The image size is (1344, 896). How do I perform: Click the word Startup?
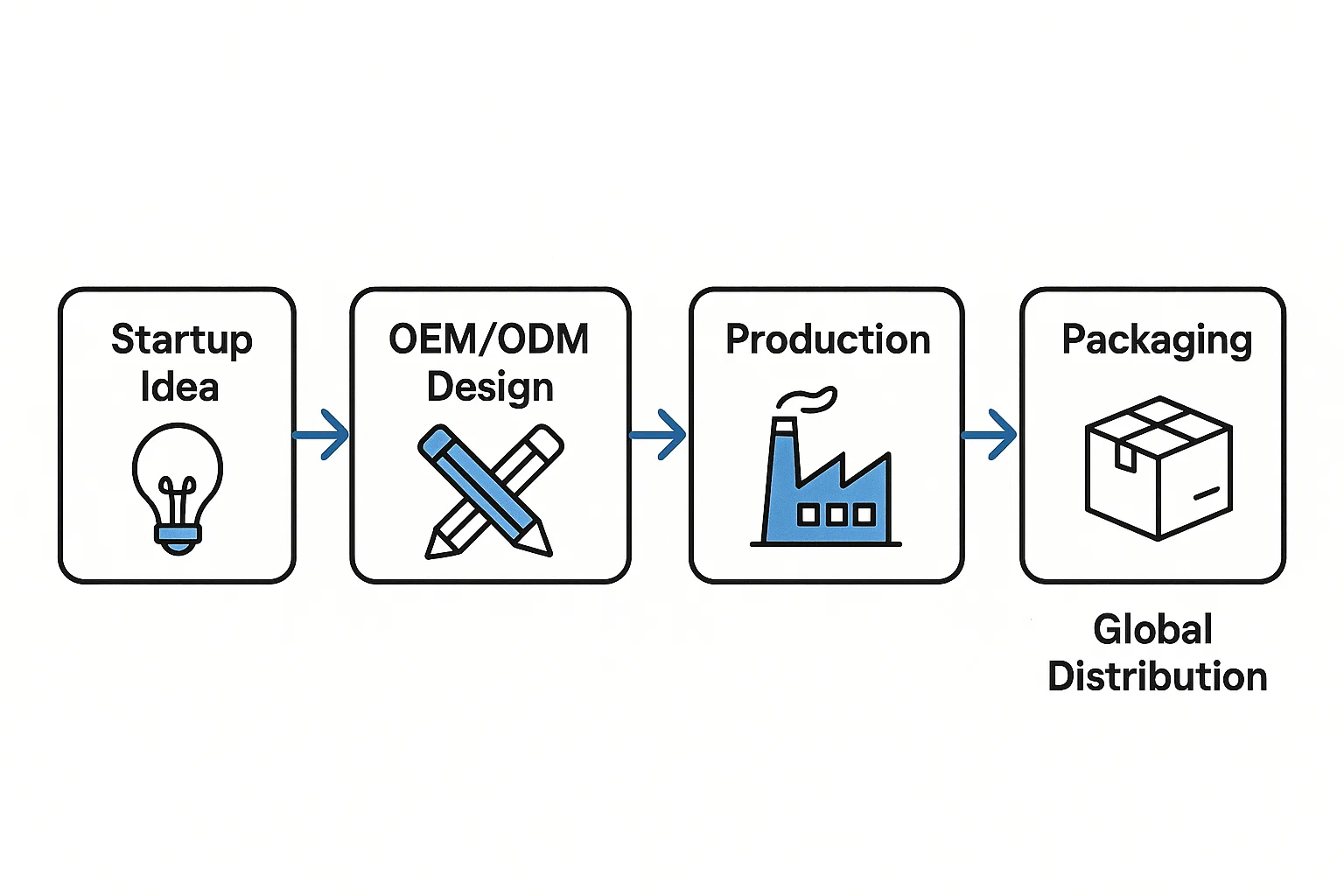tap(181, 340)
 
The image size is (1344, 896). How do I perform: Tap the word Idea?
tap(179, 388)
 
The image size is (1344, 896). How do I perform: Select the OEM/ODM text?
tap(489, 339)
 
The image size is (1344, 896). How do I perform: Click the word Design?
tap(490, 388)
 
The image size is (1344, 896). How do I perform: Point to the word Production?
tap(828, 339)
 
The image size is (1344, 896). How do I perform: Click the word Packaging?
tap(1157, 340)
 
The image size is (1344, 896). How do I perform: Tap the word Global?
tap(1152, 629)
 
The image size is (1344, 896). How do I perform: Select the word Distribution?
tap(1157, 676)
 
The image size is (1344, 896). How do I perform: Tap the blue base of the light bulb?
tap(178, 534)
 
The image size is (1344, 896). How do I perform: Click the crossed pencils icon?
tap(490, 490)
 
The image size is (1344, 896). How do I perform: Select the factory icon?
tap(827, 490)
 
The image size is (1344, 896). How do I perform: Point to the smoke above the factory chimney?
tap(808, 399)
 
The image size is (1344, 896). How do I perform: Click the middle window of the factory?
tap(836, 514)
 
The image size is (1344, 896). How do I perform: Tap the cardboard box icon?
tap(1158, 468)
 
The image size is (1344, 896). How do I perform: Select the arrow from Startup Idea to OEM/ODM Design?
tap(322, 434)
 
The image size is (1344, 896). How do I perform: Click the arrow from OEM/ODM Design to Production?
tap(659, 434)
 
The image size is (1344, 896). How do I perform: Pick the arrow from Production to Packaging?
tap(990, 434)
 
